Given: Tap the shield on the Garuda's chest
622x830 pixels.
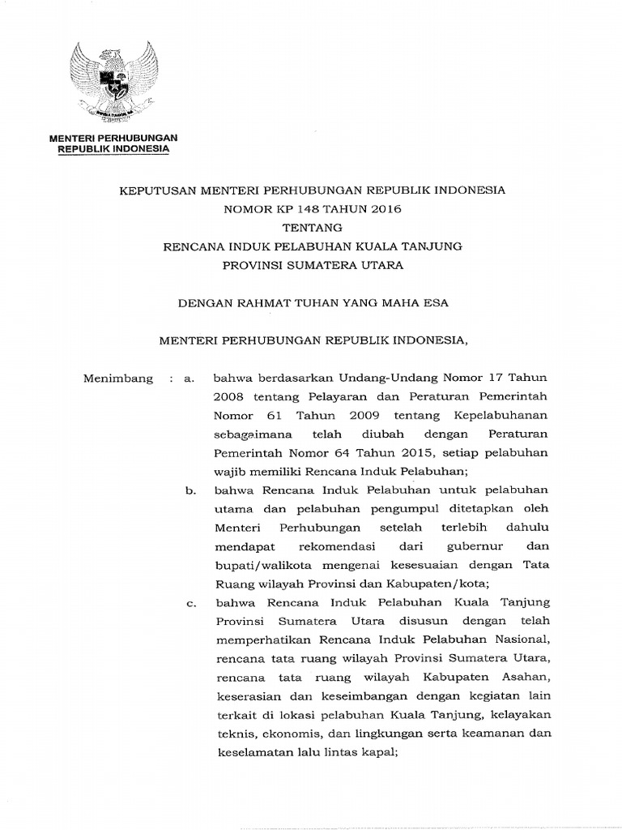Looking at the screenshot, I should pos(113,82).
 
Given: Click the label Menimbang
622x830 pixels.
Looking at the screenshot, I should pos(118,379).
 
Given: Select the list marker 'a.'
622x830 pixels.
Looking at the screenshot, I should pos(191,379).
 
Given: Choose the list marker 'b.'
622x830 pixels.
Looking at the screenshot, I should pos(191,490).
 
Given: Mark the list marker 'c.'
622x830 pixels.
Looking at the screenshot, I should pos(191,603).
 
